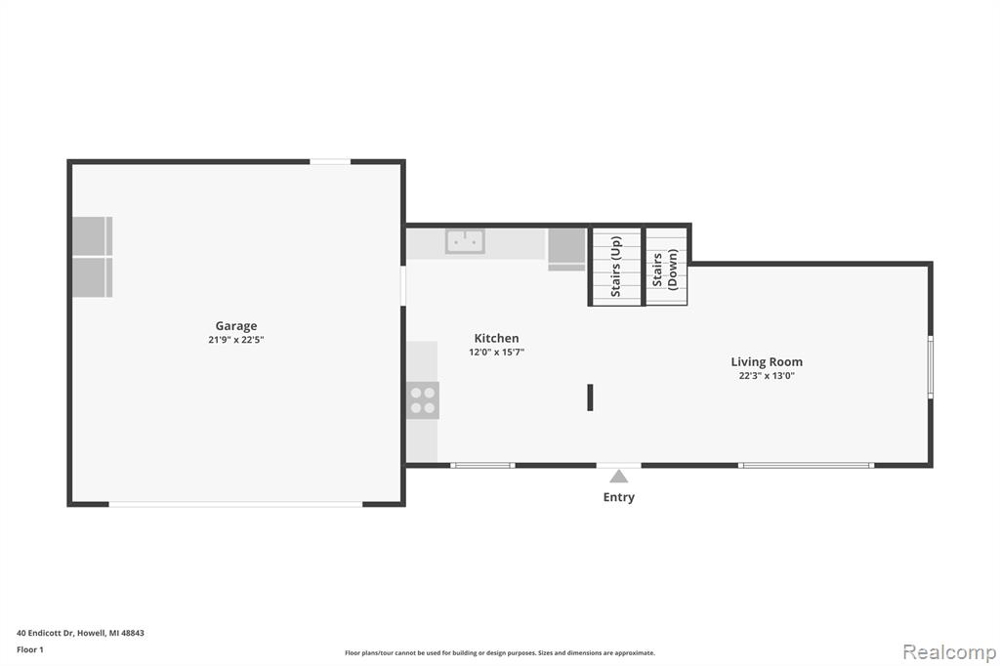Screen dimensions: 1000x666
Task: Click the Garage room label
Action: tap(236, 326)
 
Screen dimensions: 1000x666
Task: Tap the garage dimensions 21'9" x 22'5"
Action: tap(236, 340)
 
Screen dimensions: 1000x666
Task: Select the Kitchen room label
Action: tap(496, 338)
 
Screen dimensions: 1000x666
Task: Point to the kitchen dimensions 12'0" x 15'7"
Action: tap(496, 353)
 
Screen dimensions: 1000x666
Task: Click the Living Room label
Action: tap(767, 361)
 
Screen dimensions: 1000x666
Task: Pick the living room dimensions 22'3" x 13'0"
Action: tap(767, 376)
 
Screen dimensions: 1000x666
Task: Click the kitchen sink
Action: tap(465, 242)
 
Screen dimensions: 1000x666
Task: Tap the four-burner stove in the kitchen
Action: tap(423, 400)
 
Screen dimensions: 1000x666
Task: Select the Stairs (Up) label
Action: tap(615, 267)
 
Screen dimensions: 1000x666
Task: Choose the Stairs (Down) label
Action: tap(664, 271)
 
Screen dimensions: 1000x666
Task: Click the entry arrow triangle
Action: tap(618, 477)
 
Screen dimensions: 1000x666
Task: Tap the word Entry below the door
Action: tap(618, 497)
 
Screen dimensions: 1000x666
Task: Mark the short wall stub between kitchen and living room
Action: tap(590, 397)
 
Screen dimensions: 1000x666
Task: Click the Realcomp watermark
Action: tap(949, 652)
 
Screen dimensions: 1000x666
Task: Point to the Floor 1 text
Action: tap(30, 649)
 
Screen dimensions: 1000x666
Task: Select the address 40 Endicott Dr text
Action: tap(80, 633)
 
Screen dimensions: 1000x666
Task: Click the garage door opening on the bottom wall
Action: tap(235, 504)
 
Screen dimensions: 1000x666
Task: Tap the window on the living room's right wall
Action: tap(931, 367)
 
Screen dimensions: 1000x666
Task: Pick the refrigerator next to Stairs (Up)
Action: tap(566, 249)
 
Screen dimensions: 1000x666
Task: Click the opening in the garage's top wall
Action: tap(330, 162)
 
